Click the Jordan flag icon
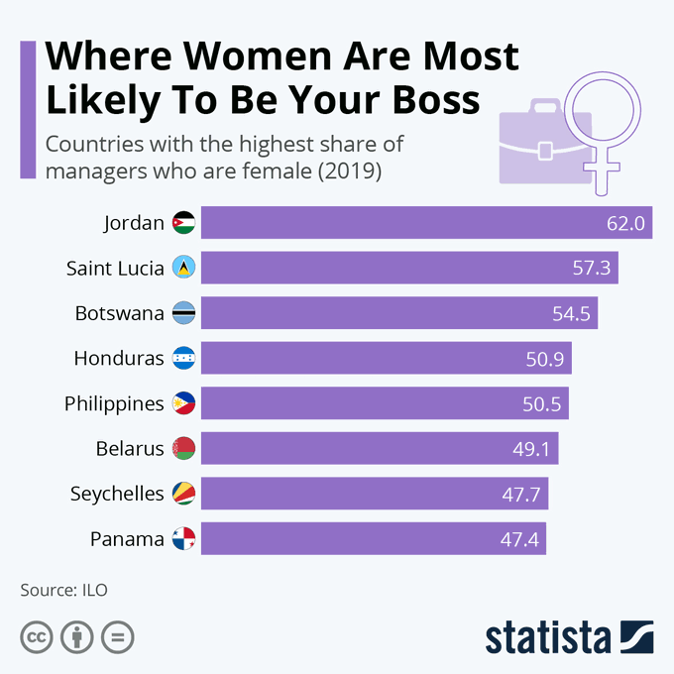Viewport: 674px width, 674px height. click(183, 223)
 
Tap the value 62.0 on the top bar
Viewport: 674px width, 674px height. click(626, 224)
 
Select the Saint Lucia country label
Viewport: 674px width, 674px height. click(115, 269)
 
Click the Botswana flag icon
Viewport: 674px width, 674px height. click(183, 313)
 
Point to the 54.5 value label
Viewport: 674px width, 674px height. click(571, 314)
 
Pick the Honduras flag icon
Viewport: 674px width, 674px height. click(183, 359)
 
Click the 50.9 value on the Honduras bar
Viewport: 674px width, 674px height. click(545, 360)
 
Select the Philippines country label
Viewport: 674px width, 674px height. click(114, 404)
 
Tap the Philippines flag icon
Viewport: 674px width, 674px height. click(183, 403)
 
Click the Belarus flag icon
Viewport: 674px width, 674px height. click(183, 449)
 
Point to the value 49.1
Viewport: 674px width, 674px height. click(531, 450)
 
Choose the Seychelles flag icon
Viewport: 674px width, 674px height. click(183, 494)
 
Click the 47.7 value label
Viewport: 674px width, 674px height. click(521, 495)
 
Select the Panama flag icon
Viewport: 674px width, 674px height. click(183, 539)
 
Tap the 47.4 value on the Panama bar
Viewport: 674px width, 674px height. click(519, 540)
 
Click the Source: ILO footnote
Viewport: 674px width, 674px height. click(63, 590)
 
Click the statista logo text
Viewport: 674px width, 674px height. click(547, 636)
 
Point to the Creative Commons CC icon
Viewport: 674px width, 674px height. click(36, 636)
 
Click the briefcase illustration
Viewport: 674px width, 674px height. click(544, 144)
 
